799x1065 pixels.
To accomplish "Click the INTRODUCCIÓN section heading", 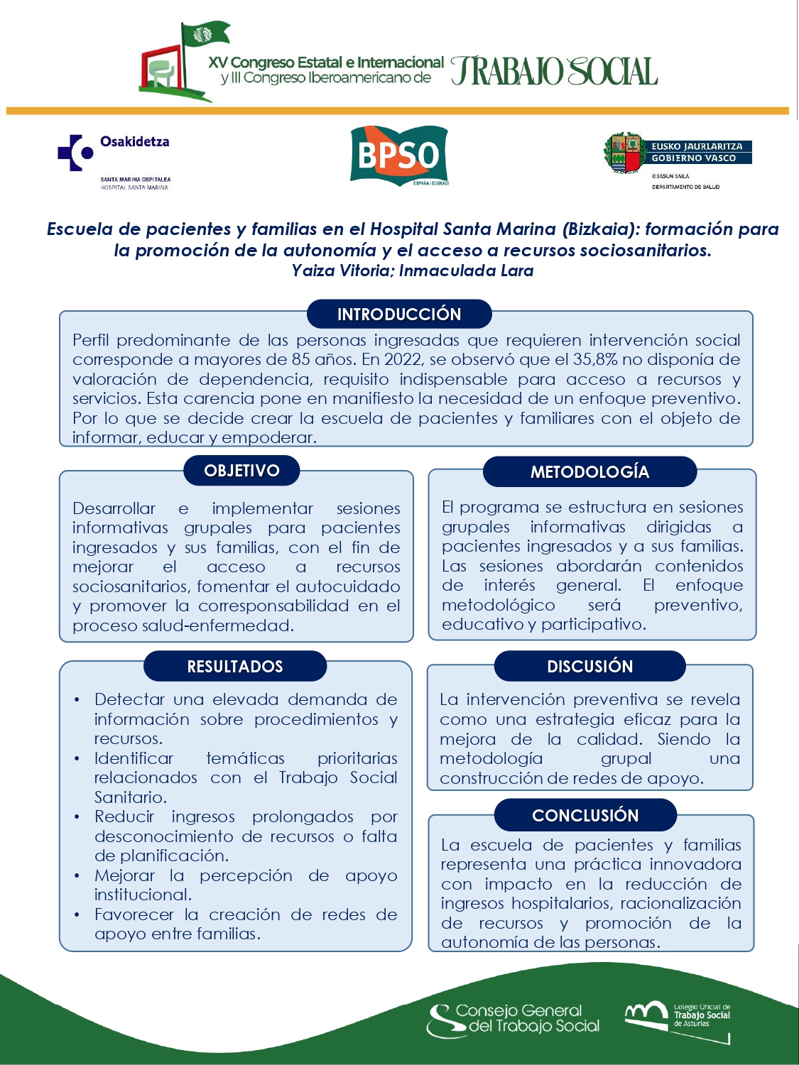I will (399, 314).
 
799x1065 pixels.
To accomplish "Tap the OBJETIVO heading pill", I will (241, 471).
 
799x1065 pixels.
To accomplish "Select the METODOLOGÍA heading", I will (589, 472).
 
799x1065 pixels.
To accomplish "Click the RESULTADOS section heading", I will (235, 667).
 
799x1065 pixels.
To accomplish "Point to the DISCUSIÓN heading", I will (589, 667).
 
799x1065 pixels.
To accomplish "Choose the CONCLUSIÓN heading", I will (585, 815).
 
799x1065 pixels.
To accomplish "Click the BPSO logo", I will (398, 155).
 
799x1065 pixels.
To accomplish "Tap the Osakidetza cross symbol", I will (75, 152).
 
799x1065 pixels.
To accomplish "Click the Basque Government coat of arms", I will (624, 153).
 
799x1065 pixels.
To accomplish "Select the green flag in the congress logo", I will (205, 34).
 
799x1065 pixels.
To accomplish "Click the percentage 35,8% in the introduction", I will (595, 359).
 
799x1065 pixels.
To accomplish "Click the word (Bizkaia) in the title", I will (599, 229).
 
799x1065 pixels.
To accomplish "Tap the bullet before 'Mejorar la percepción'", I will (77, 876).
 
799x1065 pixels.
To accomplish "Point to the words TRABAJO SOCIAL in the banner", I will (554, 72).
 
